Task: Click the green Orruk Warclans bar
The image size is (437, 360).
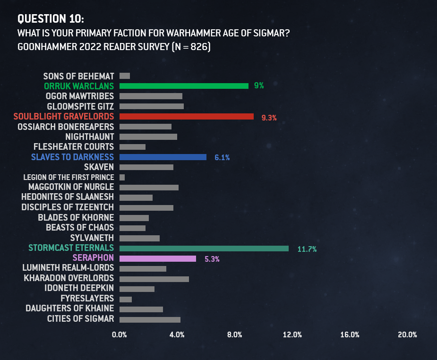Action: (x=184, y=86)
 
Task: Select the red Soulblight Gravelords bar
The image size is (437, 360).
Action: (x=187, y=116)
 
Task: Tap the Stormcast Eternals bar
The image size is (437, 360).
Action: (x=204, y=248)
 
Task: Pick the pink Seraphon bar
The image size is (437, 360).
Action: (x=158, y=258)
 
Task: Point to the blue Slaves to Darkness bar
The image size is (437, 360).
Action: (x=163, y=157)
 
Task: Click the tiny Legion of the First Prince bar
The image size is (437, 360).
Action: (x=122, y=177)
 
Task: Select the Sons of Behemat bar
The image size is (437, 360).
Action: (x=125, y=76)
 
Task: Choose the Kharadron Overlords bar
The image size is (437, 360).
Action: (x=154, y=279)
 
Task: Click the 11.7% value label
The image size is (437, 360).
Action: (x=307, y=249)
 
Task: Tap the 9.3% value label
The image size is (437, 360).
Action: (x=269, y=118)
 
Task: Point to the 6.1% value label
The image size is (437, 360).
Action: (x=222, y=158)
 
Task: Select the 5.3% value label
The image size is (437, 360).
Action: (x=212, y=259)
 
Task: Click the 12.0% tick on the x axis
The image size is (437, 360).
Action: (x=292, y=335)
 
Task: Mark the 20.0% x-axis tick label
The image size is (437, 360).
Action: (x=407, y=335)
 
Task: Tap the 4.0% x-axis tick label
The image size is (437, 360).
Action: (x=177, y=335)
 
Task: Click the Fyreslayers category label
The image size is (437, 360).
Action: (x=87, y=299)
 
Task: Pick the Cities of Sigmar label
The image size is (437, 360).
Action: (x=81, y=319)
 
